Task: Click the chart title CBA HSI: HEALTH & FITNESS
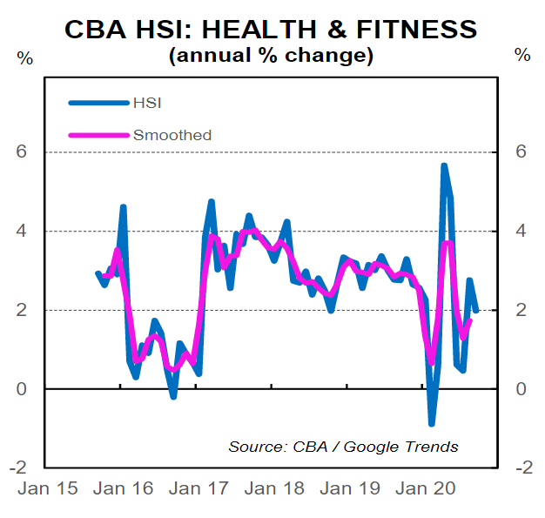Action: (x=272, y=29)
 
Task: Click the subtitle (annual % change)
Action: (x=271, y=57)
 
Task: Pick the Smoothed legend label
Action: (x=172, y=135)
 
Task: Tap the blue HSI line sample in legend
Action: (x=98, y=103)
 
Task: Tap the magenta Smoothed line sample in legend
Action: (x=98, y=135)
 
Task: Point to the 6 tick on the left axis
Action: (x=24, y=152)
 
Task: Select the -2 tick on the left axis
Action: (x=20, y=468)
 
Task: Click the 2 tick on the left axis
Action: (x=24, y=311)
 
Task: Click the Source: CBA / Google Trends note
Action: (x=343, y=447)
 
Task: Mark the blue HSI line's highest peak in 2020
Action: (x=444, y=165)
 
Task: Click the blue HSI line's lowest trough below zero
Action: (x=431, y=423)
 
